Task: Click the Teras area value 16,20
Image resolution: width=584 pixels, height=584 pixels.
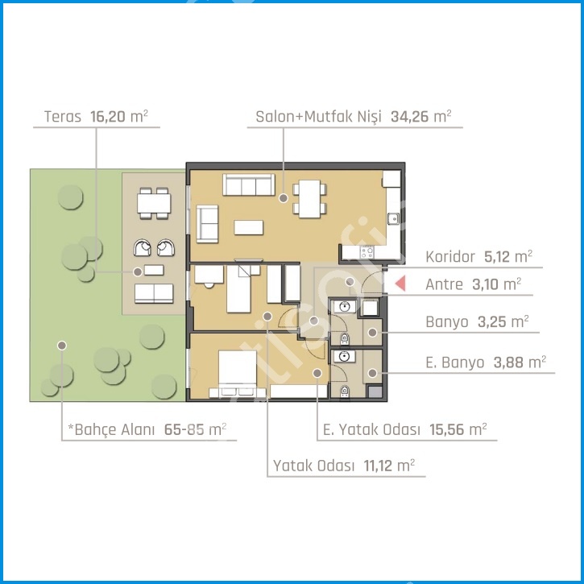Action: [x=108, y=117]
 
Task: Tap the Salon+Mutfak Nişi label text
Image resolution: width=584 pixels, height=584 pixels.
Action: [x=318, y=117]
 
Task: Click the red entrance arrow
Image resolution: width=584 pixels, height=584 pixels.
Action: [x=400, y=284]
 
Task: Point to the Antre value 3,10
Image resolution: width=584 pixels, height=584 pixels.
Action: [x=485, y=284]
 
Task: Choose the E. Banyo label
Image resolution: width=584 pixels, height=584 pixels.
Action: [x=455, y=362]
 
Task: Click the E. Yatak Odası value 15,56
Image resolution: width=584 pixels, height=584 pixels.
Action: [x=446, y=429]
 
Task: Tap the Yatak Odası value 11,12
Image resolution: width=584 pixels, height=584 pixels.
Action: [x=378, y=466]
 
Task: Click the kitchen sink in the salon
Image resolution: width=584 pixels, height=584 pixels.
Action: [x=393, y=218]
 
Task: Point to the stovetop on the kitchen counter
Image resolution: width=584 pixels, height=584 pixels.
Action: [x=367, y=252]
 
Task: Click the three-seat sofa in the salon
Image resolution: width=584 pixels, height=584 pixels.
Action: [x=248, y=184]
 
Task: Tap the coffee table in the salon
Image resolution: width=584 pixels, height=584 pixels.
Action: [x=248, y=227]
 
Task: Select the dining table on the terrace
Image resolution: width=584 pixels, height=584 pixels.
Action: [x=154, y=203]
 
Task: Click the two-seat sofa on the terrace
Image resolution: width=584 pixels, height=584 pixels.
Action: [x=154, y=293]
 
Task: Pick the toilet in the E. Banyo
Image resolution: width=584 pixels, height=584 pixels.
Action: [x=345, y=391]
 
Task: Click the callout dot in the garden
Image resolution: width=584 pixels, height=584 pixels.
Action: [x=62, y=346]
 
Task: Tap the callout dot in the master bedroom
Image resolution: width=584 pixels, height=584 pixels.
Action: [x=317, y=373]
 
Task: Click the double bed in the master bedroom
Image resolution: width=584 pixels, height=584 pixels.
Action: [x=238, y=374]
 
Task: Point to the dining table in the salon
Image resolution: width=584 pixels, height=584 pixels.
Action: [x=309, y=199]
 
